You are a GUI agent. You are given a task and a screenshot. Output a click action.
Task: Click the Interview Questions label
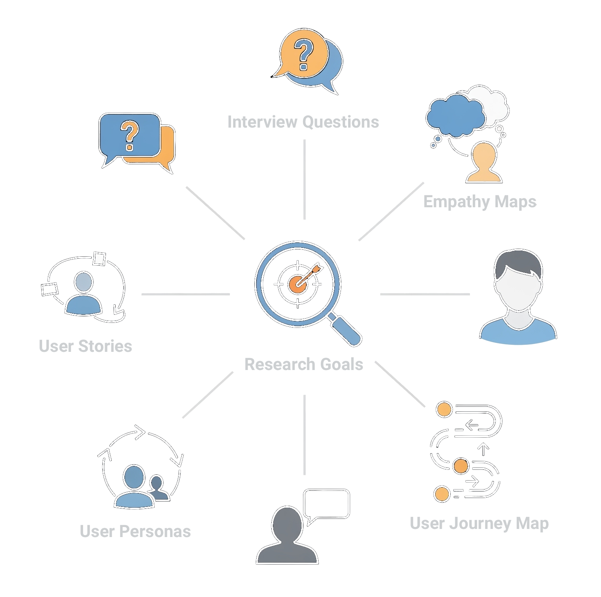pyautogui.click(x=303, y=122)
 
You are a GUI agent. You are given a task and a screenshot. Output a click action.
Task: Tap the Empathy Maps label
pyautogui.click(x=480, y=201)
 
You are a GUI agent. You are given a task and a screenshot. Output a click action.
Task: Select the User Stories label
pyautogui.click(x=85, y=346)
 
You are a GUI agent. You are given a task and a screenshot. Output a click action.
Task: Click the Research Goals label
pyautogui.click(x=304, y=364)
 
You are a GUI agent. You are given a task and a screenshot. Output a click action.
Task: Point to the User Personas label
pyautogui.click(x=135, y=531)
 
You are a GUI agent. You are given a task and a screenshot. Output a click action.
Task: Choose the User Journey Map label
pyautogui.click(x=479, y=523)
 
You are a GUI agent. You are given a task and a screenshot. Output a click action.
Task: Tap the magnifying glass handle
pyautogui.click(x=346, y=330)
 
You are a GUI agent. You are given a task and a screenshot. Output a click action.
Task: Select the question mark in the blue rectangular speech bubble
pyautogui.click(x=130, y=135)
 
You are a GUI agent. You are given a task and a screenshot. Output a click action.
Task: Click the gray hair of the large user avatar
pyautogui.click(x=518, y=263)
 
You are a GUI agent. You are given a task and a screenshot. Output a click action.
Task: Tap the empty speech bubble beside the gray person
pyautogui.click(x=327, y=503)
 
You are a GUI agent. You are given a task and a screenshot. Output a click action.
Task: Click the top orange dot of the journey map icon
pyautogui.click(x=444, y=409)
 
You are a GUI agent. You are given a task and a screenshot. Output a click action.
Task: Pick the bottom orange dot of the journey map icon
pyautogui.click(x=442, y=494)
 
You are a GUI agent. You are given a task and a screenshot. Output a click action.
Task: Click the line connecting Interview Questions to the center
pyautogui.click(x=305, y=179)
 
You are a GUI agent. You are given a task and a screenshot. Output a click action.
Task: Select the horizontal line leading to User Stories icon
pyautogui.click(x=186, y=294)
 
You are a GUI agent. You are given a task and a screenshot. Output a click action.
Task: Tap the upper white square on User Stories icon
pyautogui.click(x=99, y=259)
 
